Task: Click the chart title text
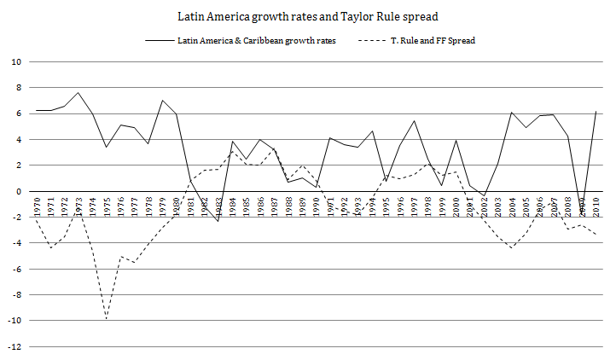pos(308,16)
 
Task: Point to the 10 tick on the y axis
pos(15,62)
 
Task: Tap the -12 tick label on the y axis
pos(14,347)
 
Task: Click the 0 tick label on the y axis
pos(18,192)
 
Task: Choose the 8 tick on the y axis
pos(18,88)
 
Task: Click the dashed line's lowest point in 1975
pos(107,319)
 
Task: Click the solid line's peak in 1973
pos(78,92)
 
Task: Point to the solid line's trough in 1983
pos(218,221)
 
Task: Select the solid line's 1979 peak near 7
pos(162,101)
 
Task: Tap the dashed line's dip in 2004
pos(512,248)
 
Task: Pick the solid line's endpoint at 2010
pos(596,112)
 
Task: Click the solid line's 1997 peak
pos(414,121)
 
